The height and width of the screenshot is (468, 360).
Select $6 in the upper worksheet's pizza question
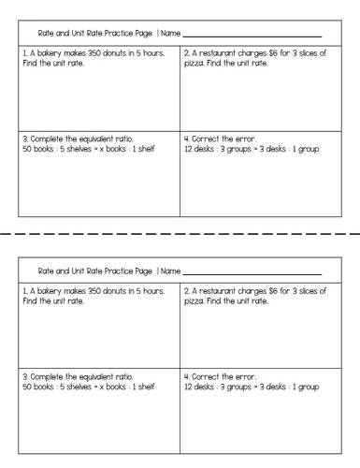pyautogui.click(x=272, y=53)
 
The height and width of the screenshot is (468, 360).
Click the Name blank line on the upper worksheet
pyautogui.click(x=252, y=36)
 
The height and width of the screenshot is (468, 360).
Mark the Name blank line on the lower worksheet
pyautogui.click(x=252, y=273)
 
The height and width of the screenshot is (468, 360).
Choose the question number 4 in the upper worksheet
pyautogui.click(x=187, y=138)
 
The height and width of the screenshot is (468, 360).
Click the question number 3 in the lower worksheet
pyautogui.click(x=24, y=375)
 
